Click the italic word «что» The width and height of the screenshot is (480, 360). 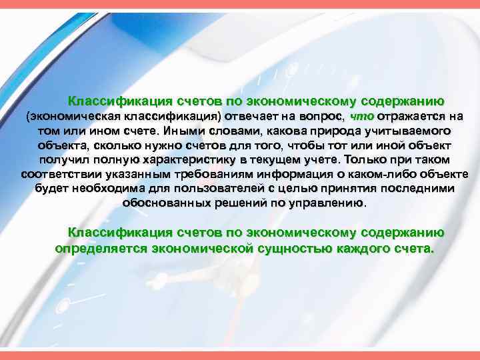[359, 115]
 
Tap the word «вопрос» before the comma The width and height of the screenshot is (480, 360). [322, 115]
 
